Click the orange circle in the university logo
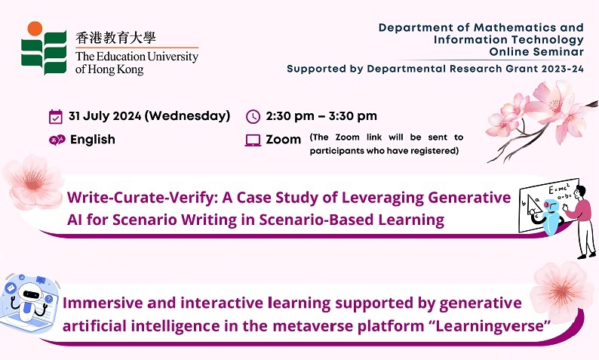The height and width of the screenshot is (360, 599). (x=35, y=29)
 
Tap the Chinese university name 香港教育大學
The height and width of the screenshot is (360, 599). (x=115, y=38)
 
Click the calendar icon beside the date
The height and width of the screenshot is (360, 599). (x=56, y=116)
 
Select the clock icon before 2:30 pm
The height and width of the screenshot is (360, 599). (x=253, y=116)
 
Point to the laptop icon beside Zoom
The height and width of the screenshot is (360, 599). (x=253, y=140)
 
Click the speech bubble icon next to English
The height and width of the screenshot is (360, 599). (x=57, y=140)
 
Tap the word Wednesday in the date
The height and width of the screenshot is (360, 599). (x=187, y=115)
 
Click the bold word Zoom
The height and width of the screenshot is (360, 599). (x=284, y=140)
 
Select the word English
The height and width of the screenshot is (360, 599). (x=93, y=140)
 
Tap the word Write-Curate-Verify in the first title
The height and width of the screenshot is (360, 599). (x=142, y=198)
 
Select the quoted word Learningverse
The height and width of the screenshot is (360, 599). (x=490, y=326)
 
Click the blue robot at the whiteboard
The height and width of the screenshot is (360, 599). (x=551, y=216)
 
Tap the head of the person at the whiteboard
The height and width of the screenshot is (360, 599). (x=580, y=191)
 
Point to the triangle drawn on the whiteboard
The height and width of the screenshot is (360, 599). (x=533, y=205)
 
